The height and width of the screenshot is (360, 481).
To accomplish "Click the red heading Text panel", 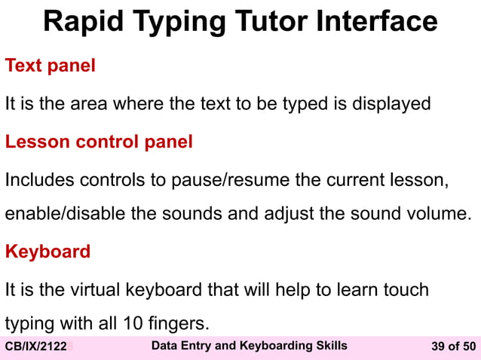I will (x=51, y=66).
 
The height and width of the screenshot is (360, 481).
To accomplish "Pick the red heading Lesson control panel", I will (x=99, y=141).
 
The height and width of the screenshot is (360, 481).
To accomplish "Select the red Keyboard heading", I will (x=47, y=251).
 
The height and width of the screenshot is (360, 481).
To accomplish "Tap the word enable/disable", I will (x=66, y=213).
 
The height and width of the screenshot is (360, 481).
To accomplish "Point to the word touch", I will (x=405, y=289).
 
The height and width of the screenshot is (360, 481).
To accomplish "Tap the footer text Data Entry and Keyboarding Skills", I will (x=250, y=346).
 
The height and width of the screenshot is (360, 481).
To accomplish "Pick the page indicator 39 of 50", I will (x=453, y=346).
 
